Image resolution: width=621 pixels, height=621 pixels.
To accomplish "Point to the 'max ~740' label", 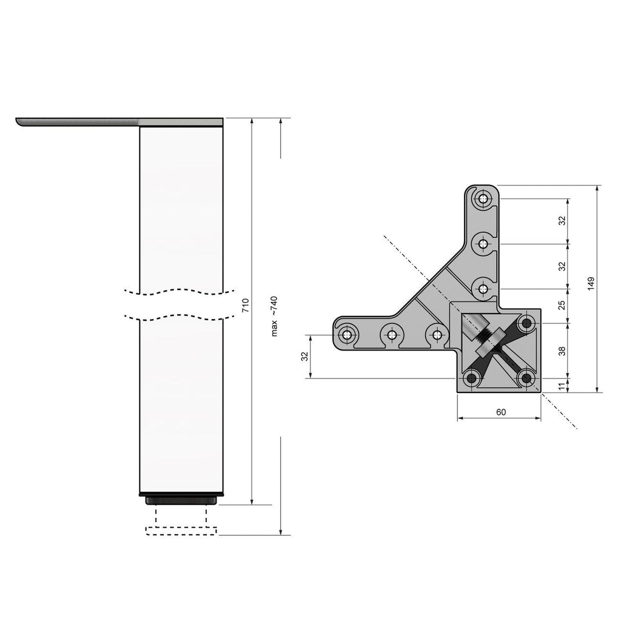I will click(x=274, y=317).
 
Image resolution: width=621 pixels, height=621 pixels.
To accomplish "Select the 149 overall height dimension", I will click(x=591, y=284).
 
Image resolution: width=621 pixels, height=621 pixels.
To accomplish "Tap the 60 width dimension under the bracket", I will click(x=501, y=412).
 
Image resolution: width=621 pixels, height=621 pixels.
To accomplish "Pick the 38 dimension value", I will click(x=562, y=351).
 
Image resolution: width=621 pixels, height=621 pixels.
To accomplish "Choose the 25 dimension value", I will click(x=562, y=304).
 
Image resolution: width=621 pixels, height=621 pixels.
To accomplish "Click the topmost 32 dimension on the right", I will click(x=562, y=221).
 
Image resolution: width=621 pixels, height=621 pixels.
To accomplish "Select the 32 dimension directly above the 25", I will click(x=562, y=266).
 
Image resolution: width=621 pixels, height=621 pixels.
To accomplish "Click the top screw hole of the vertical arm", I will click(x=483, y=198).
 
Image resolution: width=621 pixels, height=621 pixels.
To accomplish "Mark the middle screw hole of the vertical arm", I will click(x=483, y=244).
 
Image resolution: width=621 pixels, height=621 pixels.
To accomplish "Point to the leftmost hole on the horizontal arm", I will click(x=347, y=334).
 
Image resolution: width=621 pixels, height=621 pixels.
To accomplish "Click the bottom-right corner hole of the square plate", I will click(x=526, y=378).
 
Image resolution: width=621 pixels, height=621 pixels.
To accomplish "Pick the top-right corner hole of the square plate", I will click(x=526, y=322).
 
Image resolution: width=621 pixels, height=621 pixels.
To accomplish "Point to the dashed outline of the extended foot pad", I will click(x=181, y=531).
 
